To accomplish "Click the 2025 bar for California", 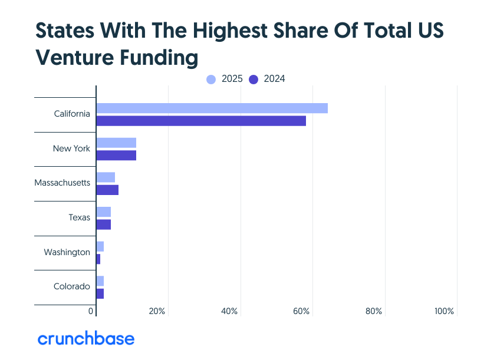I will (212, 108).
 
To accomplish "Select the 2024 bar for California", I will (201, 121).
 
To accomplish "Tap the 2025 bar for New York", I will (116, 143).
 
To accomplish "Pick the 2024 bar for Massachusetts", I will (107, 190).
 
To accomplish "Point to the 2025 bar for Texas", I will (104, 212).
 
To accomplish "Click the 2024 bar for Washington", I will (98, 259).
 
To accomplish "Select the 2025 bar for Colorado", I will (100, 281).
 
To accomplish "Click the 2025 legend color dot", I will (212, 80).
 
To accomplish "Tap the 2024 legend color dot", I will (254, 80).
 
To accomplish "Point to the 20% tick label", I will (157, 311).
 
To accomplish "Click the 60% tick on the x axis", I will (301, 311).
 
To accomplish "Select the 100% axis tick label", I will (444, 311).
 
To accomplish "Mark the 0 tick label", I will (91, 311).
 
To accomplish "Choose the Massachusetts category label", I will (62, 183).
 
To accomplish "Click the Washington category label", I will (67, 252).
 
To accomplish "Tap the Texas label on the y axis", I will (79, 217).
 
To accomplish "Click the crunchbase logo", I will (86, 339).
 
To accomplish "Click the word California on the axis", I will (71, 114).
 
